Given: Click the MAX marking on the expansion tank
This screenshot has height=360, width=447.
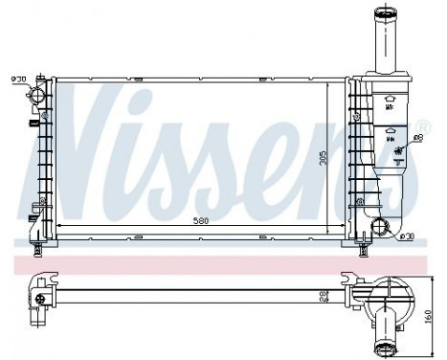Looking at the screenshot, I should [x=389, y=107].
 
